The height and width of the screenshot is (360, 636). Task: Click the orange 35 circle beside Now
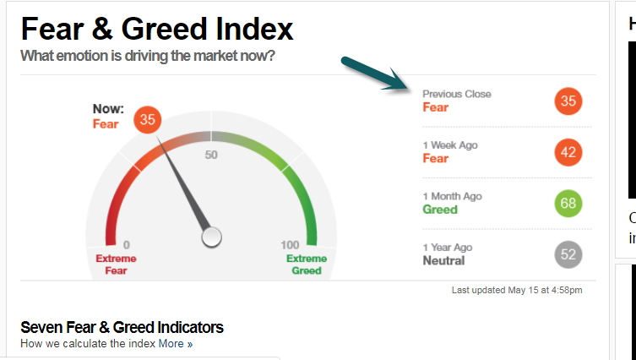[147, 120]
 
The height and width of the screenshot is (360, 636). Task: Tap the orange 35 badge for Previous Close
[568, 101]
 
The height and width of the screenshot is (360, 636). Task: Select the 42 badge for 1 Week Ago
[568, 152]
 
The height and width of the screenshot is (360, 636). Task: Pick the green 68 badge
[568, 204]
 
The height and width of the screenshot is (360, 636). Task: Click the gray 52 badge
[568, 254]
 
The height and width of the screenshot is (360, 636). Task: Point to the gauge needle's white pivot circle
[212, 237]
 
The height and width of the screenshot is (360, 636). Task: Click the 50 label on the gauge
[211, 155]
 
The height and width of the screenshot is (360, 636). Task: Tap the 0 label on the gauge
[127, 245]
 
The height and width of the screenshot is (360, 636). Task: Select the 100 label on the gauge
[290, 245]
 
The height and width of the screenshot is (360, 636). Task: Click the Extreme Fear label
[116, 265]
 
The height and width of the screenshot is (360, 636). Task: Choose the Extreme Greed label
[307, 265]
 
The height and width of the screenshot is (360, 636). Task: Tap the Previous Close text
[457, 94]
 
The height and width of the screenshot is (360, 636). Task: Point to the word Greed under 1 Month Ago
[440, 210]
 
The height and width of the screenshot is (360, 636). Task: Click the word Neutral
[443, 260]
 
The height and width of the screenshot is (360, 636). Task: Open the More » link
[175, 344]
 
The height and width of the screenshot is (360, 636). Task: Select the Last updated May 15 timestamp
[517, 290]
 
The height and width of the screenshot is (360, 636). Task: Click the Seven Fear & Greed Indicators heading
[122, 327]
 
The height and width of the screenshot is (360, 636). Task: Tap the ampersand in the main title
[102, 29]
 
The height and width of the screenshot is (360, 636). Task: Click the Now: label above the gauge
[108, 109]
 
